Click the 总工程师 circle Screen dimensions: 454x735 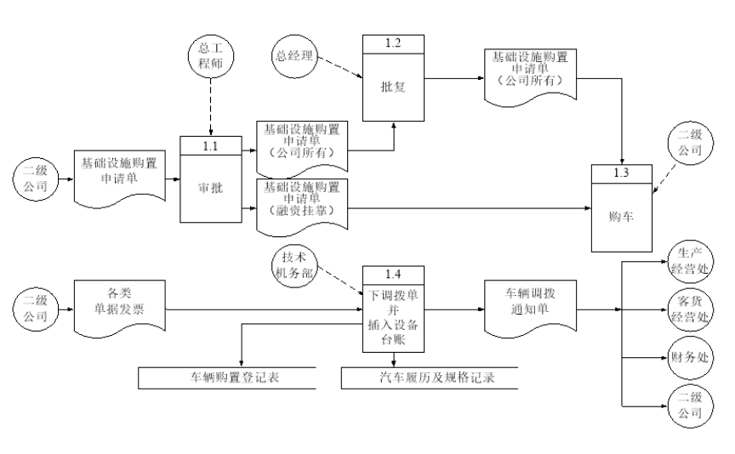210,54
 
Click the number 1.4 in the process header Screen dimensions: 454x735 393,275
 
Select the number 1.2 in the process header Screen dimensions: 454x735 393,43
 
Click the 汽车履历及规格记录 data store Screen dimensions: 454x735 430,377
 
